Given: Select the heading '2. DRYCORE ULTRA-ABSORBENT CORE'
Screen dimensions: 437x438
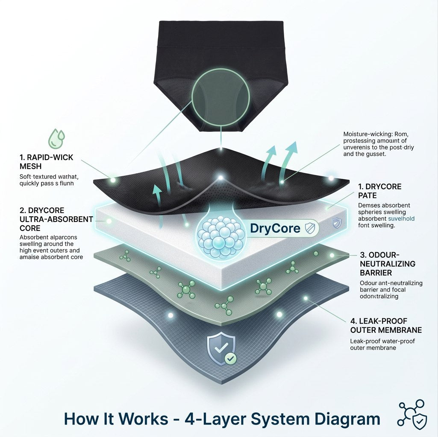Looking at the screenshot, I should [x=56, y=219].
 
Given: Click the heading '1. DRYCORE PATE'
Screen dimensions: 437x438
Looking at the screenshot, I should [x=379, y=191].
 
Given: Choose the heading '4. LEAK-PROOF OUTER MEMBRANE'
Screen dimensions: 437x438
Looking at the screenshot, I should [x=385, y=326].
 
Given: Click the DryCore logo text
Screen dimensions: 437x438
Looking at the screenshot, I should [x=275, y=228].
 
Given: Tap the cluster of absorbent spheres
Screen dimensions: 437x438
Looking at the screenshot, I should [x=219, y=236].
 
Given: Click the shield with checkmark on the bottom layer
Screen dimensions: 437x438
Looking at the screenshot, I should [x=221, y=349].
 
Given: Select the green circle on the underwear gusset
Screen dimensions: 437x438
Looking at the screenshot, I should [x=220, y=97].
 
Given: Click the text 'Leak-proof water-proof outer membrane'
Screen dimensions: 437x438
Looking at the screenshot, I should [x=382, y=344].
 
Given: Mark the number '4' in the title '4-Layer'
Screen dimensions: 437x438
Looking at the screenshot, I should [x=191, y=419].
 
